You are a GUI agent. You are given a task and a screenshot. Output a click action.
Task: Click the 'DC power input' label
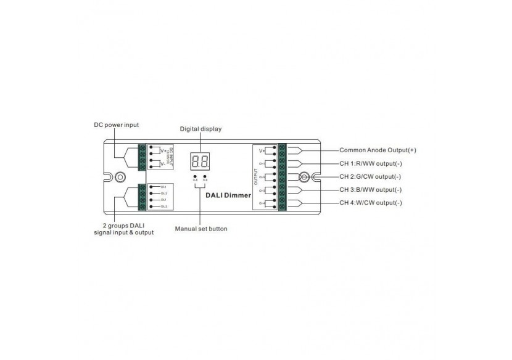pos(116,125)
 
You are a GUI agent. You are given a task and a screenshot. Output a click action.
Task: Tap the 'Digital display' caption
pos(200,129)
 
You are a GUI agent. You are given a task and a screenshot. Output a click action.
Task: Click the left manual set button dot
pos(195,176)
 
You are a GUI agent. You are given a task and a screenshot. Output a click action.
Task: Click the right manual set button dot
pos(204,176)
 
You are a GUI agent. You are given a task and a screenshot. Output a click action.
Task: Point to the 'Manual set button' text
pos(200,229)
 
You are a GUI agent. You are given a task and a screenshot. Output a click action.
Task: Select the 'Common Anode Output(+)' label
pos(376,150)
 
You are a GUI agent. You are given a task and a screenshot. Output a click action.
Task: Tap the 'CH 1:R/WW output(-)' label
pos(371,163)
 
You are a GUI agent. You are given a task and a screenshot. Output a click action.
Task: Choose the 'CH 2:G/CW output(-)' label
pos(371,176)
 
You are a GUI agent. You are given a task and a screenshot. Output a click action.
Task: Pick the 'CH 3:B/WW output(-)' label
pos(371,189)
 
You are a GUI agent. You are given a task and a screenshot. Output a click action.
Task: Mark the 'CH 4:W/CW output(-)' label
pos(371,202)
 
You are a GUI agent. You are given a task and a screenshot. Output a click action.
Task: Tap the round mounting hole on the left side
pos(115,177)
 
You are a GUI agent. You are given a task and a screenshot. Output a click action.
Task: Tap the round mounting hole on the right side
pos(303,176)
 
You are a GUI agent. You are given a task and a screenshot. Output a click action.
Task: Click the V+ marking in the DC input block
pos(162,150)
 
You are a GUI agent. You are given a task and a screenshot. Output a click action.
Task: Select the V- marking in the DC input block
pos(162,164)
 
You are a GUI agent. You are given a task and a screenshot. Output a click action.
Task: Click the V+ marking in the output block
pos(262,150)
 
